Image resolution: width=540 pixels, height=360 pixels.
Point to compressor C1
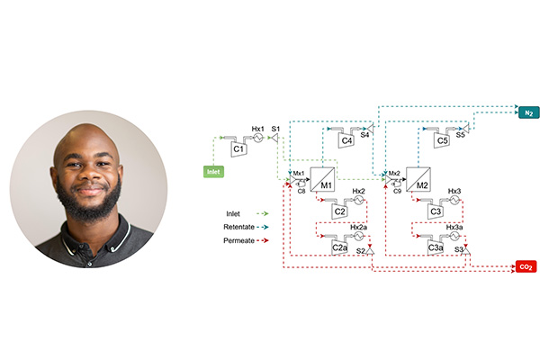[x=239, y=149]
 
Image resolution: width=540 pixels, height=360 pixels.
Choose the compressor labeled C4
[x=346, y=139]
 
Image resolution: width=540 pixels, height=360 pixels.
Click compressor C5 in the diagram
[x=442, y=139]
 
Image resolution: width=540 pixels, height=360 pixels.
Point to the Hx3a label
[x=454, y=227]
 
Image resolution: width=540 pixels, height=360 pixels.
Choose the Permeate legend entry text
[x=238, y=240]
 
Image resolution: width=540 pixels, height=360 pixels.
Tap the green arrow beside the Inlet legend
[x=265, y=212]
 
